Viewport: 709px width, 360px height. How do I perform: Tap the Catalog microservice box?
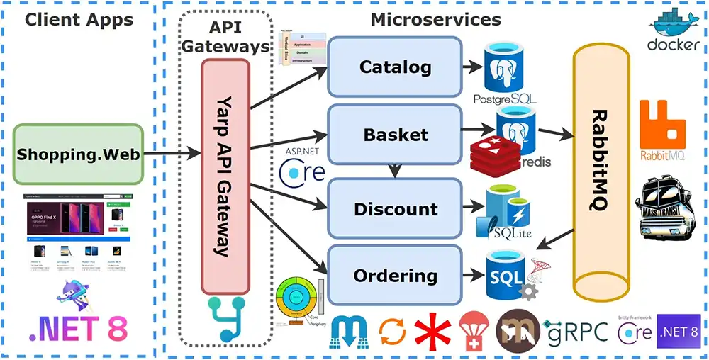pos(395,67)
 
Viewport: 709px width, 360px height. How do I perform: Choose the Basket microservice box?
pos(395,134)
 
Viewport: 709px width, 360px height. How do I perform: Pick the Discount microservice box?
pos(395,209)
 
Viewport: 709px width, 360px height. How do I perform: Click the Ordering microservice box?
pos(395,276)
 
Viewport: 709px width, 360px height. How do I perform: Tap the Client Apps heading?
pos(79,19)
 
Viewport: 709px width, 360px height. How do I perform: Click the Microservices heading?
pos(435,19)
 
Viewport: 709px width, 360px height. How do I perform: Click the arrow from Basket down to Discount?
pos(395,169)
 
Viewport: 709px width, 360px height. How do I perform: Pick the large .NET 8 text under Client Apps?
pos(78,328)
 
